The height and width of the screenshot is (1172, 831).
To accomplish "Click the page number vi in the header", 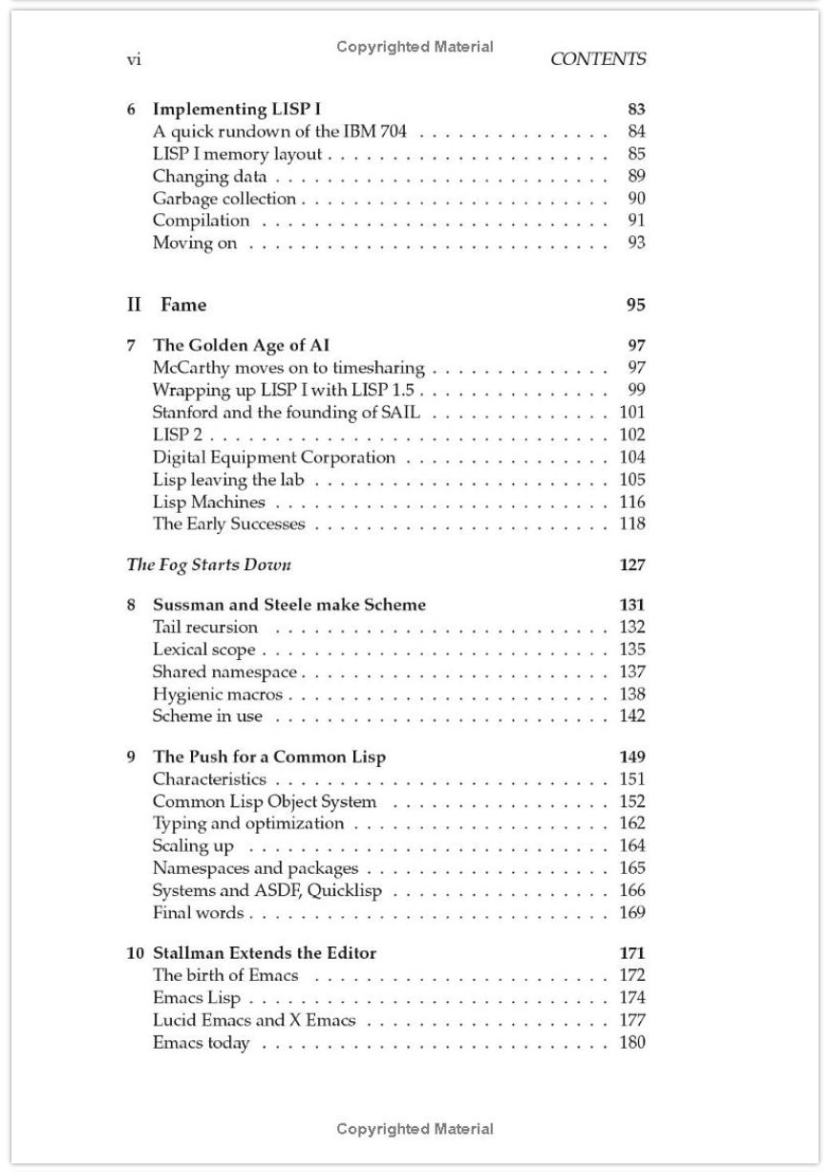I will pyautogui.click(x=135, y=60).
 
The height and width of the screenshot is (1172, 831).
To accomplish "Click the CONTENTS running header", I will pyautogui.click(x=598, y=59).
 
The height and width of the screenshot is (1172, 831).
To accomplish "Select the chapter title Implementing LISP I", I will pyautogui.click(x=237, y=110).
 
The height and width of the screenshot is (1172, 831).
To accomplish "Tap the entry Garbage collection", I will pyautogui.click(x=224, y=199).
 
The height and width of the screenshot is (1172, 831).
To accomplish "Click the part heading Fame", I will pyautogui.click(x=183, y=305).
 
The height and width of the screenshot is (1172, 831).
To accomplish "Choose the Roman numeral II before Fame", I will pyautogui.click(x=135, y=305).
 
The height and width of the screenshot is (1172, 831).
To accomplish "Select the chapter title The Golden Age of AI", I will pyautogui.click(x=242, y=346).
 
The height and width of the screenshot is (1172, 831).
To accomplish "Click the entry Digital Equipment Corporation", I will pyautogui.click(x=274, y=458).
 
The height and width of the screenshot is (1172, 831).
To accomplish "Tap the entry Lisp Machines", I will pyautogui.click(x=209, y=501).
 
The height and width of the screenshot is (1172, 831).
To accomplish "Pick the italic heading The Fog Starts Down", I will pyautogui.click(x=209, y=565).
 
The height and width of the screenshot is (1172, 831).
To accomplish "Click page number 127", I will pyautogui.click(x=632, y=565).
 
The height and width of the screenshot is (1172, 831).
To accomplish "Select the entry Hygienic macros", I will pyautogui.click(x=218, y=694).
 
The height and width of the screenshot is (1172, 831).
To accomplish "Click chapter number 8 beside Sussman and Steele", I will pyautogui.click(x=132, y=605).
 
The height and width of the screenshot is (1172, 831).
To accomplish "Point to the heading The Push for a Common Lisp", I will pyautogui.click(x=269, y=757).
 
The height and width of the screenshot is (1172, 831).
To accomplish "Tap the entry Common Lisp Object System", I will pyautogui.click(x=265, y=801).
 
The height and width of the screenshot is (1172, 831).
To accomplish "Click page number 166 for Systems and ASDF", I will pyautogui.click(x=632, y=890).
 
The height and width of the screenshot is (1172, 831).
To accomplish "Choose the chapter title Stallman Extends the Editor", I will pyautogui.click(x=265, y=953).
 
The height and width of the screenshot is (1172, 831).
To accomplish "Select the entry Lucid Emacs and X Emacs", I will pyautogui.click(x=254, y=1020).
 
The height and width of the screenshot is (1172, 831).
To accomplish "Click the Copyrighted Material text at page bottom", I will pyautogui.click(x=415, y=1129).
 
